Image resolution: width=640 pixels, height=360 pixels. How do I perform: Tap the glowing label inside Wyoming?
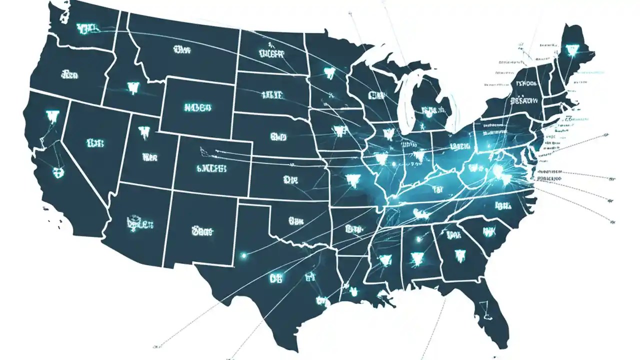coord(198,107)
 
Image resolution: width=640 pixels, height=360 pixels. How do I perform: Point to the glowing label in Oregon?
coord(69,75)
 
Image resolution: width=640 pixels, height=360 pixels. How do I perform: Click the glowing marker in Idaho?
coord(132,88)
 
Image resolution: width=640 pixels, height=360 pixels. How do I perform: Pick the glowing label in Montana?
coord(182,49)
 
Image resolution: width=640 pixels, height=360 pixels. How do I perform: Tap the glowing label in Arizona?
coord(139,222)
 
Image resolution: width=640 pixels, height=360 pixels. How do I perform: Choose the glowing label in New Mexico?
coord(202,230)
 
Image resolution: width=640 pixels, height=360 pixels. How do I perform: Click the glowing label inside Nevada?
coord(95,143)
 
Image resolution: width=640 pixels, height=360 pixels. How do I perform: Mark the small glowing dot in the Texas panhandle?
coord(244,255)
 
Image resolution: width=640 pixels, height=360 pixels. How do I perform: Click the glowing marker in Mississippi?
coord(384,259)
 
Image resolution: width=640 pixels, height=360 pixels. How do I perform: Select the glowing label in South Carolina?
coord(488,231)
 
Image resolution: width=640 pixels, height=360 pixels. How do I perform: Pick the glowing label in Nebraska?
coord(278,136)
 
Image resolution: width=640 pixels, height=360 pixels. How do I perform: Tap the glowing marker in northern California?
coord(52,116)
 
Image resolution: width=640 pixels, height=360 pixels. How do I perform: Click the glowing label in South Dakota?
coord(271,94)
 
